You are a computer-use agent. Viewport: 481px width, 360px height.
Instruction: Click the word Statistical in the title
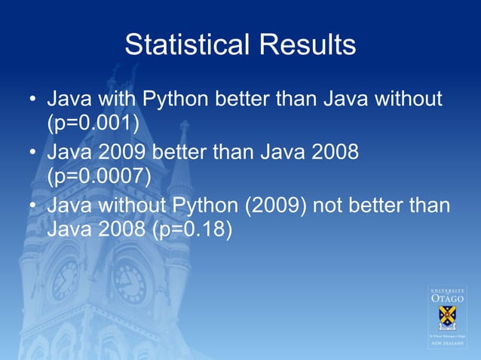[188, 45]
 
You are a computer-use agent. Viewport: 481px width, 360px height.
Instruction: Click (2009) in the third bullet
[280, 206]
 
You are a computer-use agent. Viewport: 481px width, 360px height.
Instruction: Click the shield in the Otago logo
[448, 316]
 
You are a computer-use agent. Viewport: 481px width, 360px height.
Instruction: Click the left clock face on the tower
[66, 280]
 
